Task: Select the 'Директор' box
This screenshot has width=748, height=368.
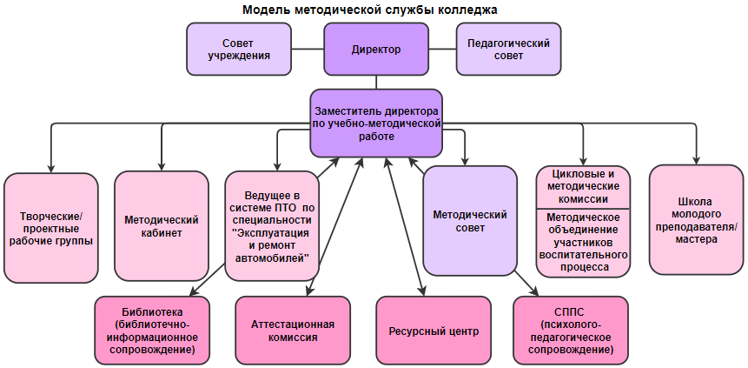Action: pos(376,50)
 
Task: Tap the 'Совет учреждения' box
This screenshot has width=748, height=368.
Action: pos(238,49)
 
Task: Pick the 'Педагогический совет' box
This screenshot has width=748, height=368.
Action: pos(508,49)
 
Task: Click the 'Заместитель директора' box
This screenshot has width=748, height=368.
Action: pos(376,124)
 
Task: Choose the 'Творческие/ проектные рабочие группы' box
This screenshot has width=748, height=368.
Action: pos(50,228)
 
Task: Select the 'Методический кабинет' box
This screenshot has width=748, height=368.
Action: pos(162,228)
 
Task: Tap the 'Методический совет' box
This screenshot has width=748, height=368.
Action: pos(471,221)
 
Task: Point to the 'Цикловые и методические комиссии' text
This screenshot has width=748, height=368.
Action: pos(583,186)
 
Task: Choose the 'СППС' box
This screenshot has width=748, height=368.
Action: pos(570,331)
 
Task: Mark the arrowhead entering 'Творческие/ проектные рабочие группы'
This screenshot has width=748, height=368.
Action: pos(51,168)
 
